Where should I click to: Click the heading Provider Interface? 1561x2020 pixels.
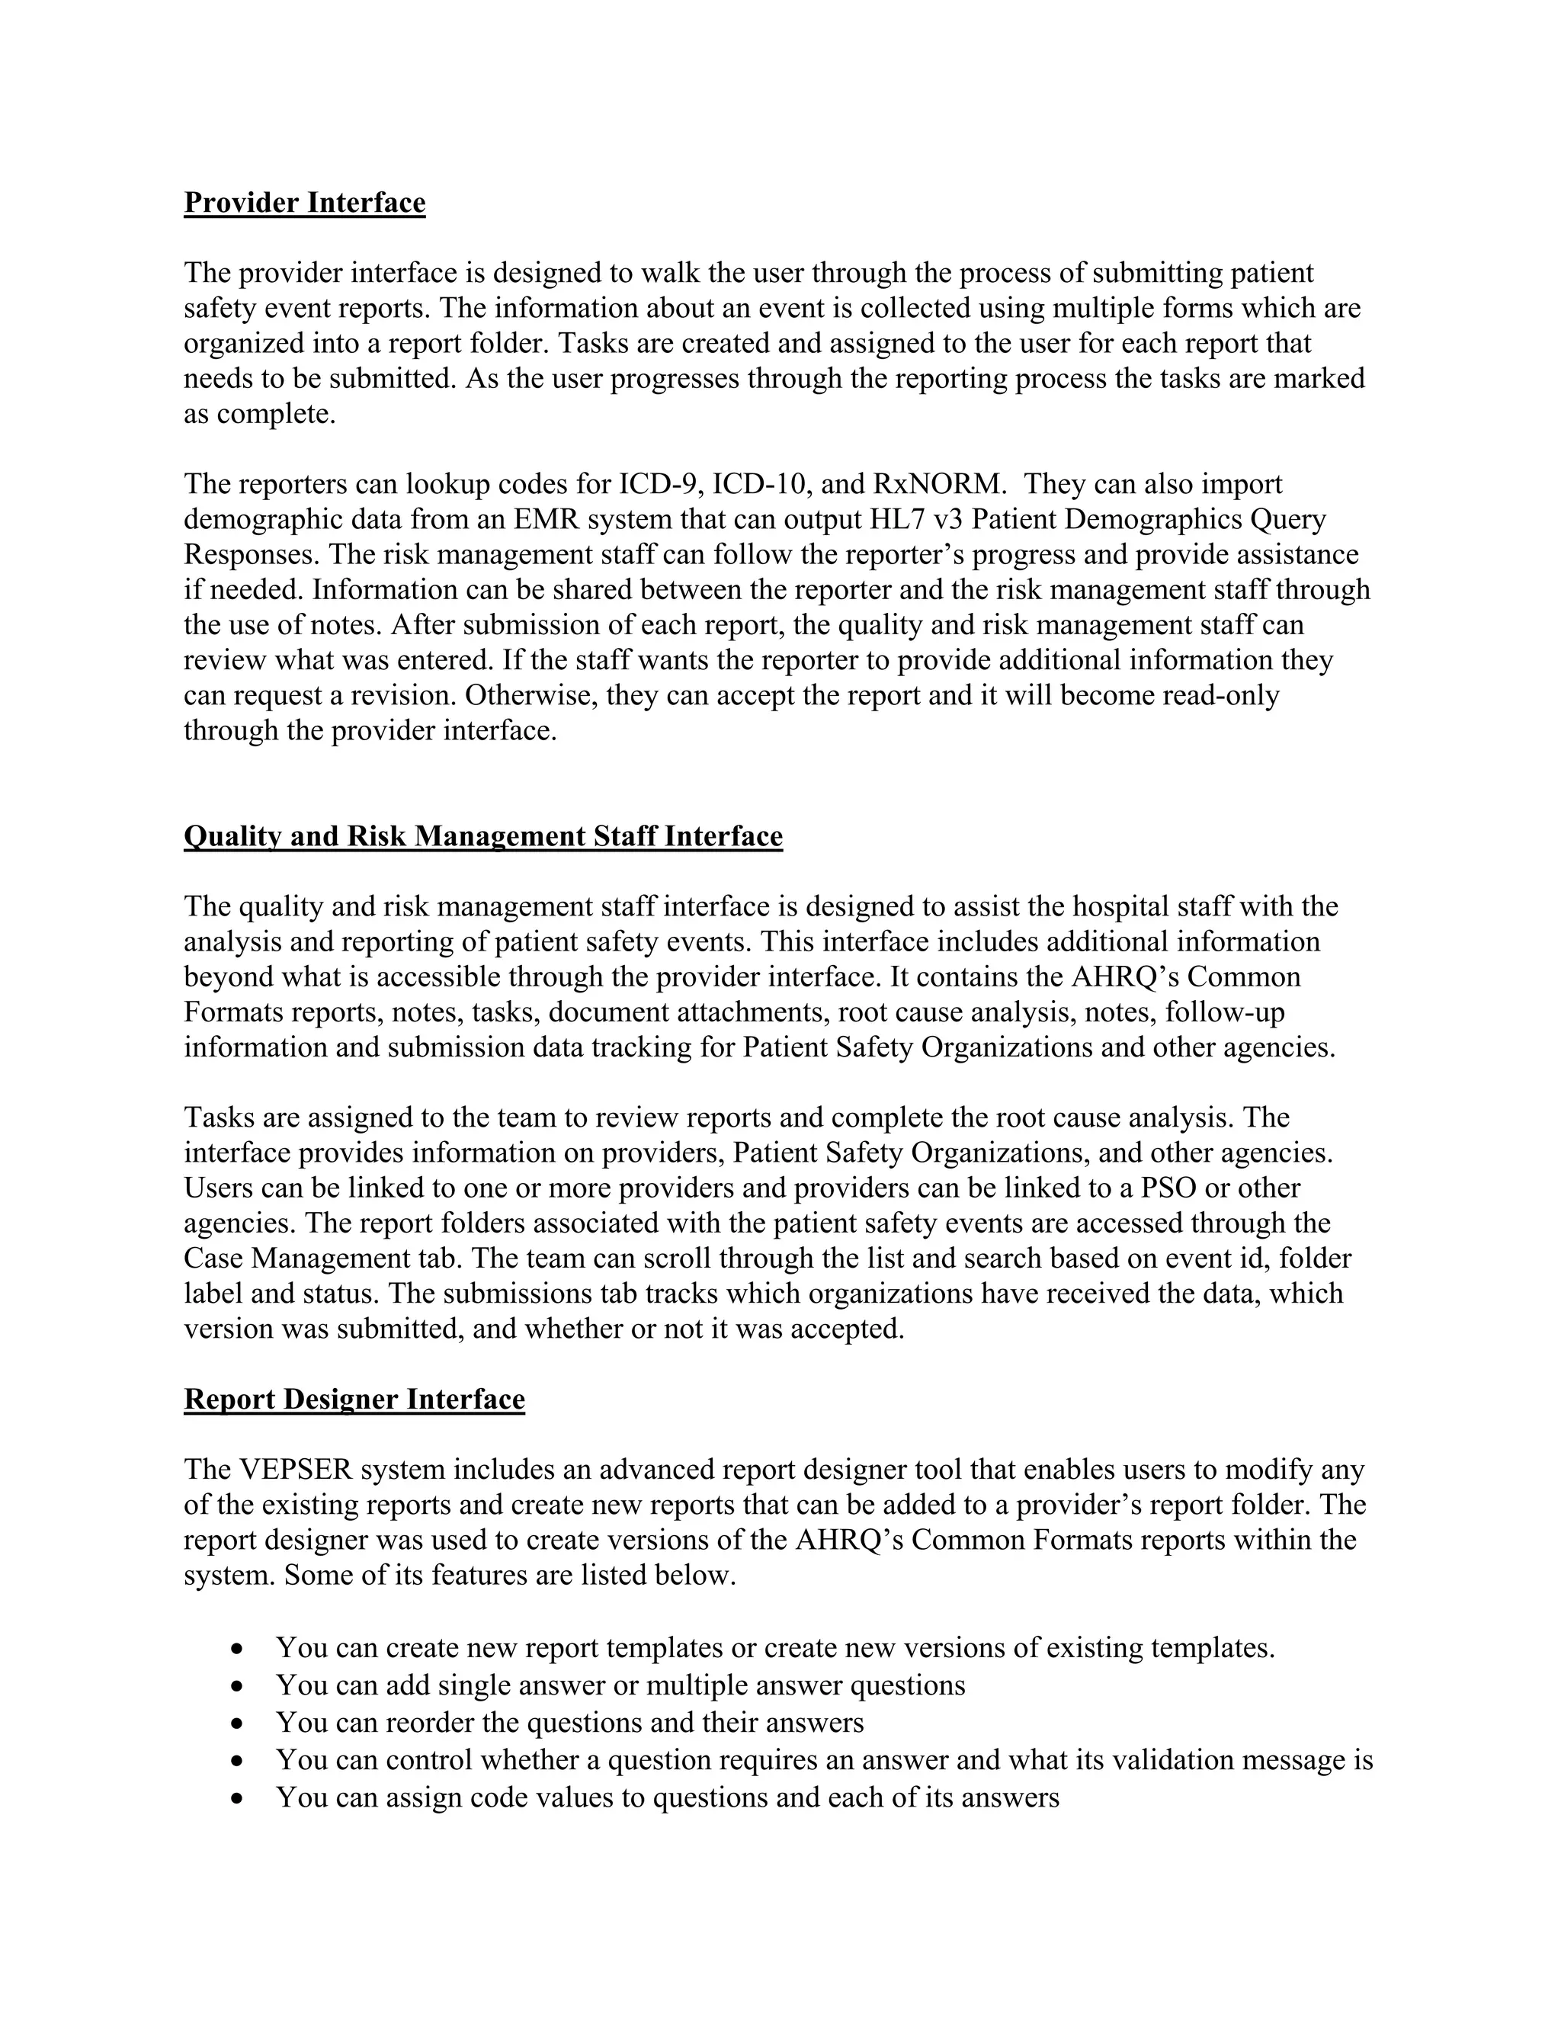coord(304,203)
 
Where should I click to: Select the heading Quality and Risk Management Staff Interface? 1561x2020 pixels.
coord(482,836)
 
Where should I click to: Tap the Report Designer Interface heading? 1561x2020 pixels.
coord(354,1400)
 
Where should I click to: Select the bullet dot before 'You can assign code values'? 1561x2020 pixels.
coord(239,1798)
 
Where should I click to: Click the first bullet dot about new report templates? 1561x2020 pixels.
coord(239,1648)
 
